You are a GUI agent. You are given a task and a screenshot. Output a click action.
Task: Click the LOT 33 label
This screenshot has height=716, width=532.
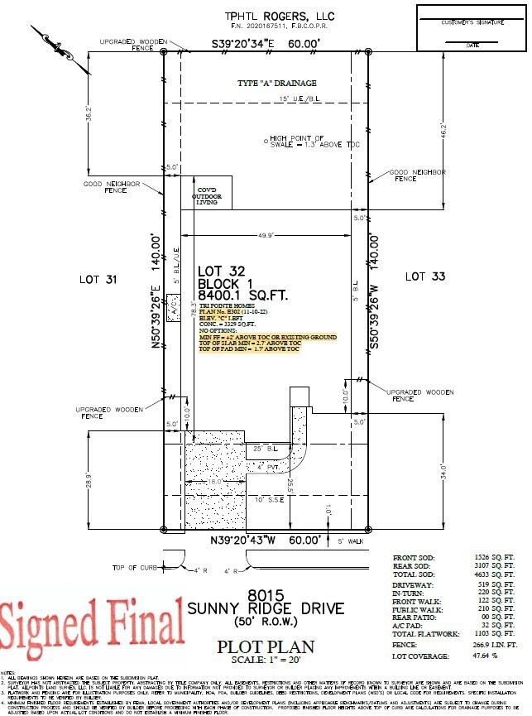click(425, 276)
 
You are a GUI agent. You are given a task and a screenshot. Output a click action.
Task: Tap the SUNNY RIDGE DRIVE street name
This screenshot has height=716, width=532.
click(265, 608)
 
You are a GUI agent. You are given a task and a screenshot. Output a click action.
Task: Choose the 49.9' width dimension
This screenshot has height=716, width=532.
click(267, 235)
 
